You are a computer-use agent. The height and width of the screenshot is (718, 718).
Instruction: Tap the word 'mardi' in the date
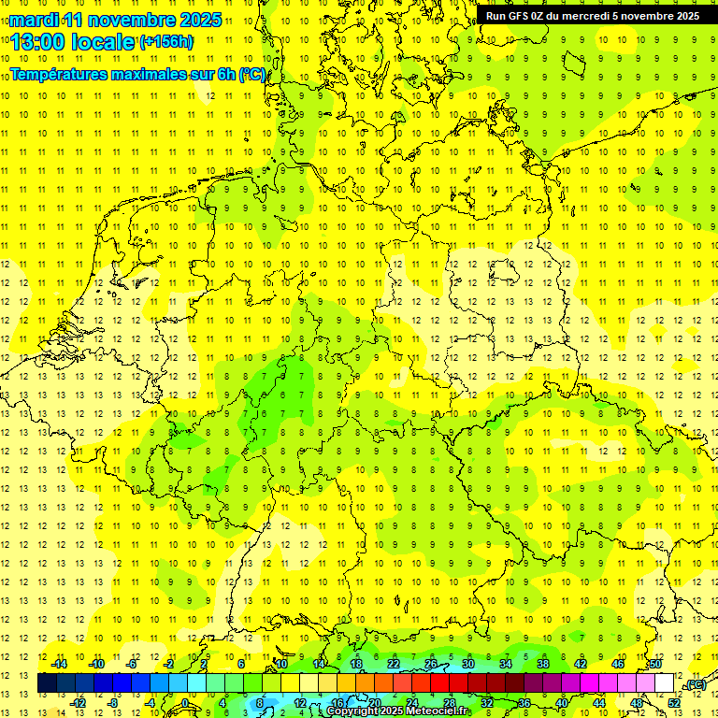click(32, 20)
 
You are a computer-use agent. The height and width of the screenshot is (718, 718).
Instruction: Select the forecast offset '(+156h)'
click(165, 42)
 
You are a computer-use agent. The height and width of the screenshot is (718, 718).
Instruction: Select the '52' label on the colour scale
click(674, 702)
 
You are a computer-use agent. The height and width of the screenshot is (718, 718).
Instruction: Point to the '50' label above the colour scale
click(655, 664)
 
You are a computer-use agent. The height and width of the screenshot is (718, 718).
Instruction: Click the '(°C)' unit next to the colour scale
click(695, 684)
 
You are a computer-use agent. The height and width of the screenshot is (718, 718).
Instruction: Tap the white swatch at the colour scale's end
click(665, 683)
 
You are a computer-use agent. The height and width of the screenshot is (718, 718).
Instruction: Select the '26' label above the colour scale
click(431, 664)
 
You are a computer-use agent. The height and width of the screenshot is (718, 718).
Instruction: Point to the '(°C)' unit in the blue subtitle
click(252, 74)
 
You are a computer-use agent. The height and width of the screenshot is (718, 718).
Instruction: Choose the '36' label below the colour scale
click(524, 702)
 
